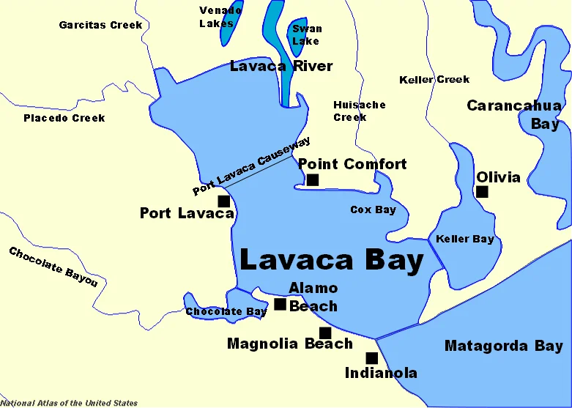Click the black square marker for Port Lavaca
pos(224,201)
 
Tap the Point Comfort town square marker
pos(313,179)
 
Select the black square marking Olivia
pos(482,192)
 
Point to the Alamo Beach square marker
pos(280,304)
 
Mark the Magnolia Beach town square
pos(325,333)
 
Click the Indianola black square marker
pos(371,358)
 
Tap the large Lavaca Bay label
pos(332,260)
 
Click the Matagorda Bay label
pos(503,346)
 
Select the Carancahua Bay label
pos(514,114)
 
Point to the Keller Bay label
pos(464,239)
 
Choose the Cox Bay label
pos(373,210)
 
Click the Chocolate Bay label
pos(226,312)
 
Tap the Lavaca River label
pos(281,66)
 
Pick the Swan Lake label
pos(306,34)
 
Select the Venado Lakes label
pos(220,17)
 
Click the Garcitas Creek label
pos(100,25)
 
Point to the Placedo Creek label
pos(64,118)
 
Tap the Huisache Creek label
pos(359,111)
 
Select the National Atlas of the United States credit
pos(69,403)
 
